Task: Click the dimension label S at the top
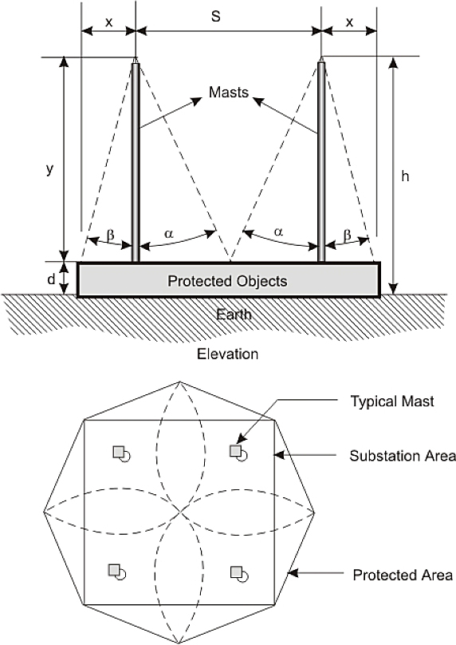[216, 17]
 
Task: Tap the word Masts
[229, 92]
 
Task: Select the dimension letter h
[405, 176]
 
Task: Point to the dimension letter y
[49, 169]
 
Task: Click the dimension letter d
[51, 279]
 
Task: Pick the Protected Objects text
[227, 281]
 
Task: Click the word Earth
[234, 315]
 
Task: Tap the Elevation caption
[227, 354]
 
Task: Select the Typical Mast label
[392, 401]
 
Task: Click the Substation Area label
[403, 456]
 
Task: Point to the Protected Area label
[403, 575]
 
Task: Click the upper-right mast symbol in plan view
[238, 453]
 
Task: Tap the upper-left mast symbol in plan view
[122, 453]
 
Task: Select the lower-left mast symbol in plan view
[116, 572]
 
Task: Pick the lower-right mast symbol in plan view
[238, 574]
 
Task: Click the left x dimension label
[109, 22]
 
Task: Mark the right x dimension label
[350, 22]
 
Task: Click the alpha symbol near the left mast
[169, 234]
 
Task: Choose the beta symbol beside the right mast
[348, 235]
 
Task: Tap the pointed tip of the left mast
[136, 57]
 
